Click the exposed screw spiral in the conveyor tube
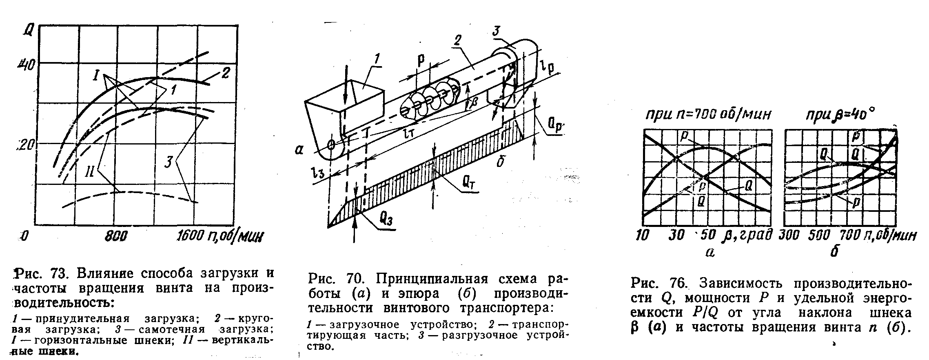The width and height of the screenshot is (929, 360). tap(428, 100)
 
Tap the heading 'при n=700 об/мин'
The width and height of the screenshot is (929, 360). tap(707, 115)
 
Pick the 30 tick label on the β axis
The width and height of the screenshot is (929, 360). tap(676, 236)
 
